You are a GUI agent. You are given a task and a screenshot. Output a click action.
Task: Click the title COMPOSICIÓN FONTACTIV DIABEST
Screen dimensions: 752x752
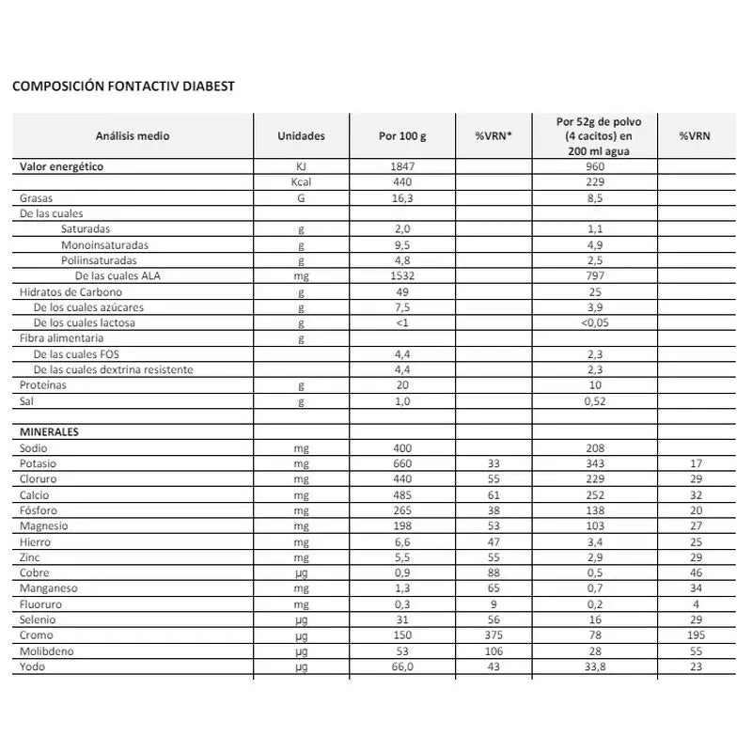pos(122,86)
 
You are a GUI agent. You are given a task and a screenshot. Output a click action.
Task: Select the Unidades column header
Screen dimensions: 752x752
pos(302,136)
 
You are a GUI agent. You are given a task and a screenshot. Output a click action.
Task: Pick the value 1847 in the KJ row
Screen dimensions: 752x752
pos(401,166)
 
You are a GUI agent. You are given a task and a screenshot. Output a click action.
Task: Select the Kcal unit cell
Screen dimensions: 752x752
pos(302,182)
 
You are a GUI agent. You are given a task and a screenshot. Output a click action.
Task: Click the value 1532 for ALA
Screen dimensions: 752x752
pos(401,276)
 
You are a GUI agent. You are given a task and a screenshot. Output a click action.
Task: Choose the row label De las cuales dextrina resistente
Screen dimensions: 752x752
pos(113,369)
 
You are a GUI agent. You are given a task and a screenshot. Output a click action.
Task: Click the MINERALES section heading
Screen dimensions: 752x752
pos(49,431)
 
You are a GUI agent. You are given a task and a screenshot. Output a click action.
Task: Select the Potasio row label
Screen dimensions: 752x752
pos(40,463)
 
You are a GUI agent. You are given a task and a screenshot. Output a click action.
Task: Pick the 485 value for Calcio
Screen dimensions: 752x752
pos(401,494)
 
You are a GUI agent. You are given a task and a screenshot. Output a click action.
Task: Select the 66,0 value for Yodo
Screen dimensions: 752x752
pos(401,667)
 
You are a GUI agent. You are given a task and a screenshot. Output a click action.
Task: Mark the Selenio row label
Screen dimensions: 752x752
pos(39,620)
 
